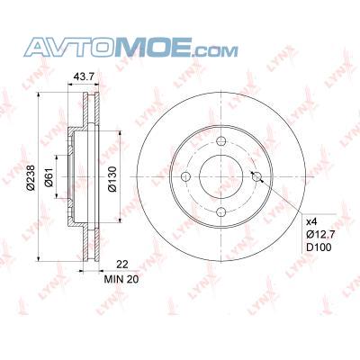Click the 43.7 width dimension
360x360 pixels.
[x=84, y=76]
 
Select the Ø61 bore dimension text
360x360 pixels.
[x=49, y=177]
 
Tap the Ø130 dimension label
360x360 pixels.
[x=112, y=178]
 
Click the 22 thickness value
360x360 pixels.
[x=122, y=265]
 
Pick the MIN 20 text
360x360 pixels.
[x=121, y=279]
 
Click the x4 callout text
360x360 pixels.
[x=311, y=221]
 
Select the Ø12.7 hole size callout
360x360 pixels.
[x=320, y=234]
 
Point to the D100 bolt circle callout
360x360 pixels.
[x=319, y=247]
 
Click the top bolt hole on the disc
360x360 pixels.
[x=221, y=140]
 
